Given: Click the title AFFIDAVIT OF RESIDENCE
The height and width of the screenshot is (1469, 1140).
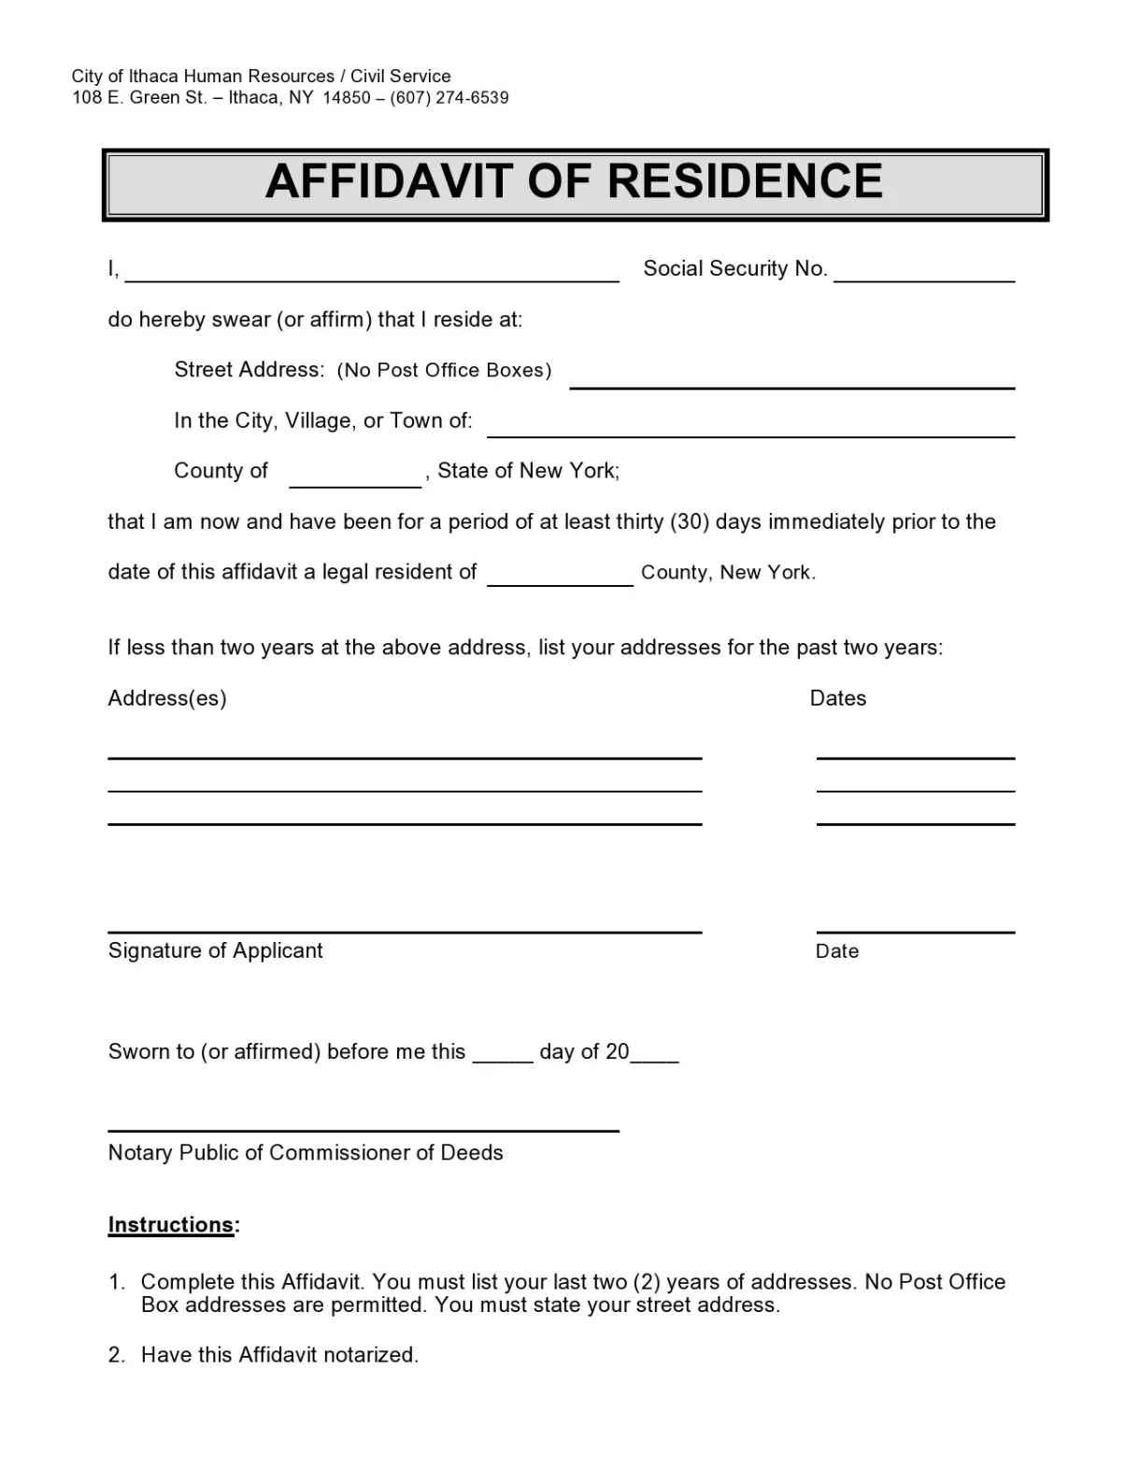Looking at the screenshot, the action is [574, 182].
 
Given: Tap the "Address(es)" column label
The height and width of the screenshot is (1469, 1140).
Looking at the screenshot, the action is [167, 699].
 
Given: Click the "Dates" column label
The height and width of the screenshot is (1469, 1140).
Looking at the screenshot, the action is [837, 699].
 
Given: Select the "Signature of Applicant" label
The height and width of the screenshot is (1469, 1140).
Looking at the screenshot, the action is [215, 951].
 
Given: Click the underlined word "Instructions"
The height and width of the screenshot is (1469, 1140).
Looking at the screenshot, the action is [171, 1225].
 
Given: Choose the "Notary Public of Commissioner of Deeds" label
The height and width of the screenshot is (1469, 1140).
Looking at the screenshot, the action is [306, 1153].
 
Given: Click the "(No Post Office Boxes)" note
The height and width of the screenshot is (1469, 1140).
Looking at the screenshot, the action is [444, 370].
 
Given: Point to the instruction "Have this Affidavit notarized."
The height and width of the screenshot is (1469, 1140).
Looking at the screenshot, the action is [279, 1355].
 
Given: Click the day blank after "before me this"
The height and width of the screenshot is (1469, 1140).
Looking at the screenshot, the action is [503, 1059].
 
